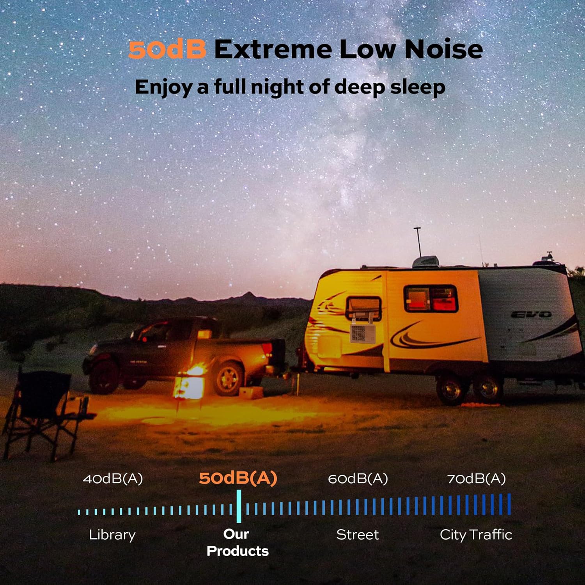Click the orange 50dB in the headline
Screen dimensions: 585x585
pyautogui.click(x=167, y=50)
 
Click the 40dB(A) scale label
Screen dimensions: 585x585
pyautogui.click(x=113, y=479)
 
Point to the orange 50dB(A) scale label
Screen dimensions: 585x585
pyautogui.click(x=238, y=478)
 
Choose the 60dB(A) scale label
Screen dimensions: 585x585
pyautogui.click(x=358, y=479)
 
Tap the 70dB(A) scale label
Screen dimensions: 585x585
pyautogui.click(x=476, y=479)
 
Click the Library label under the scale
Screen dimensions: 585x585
pyautogui.click(x=112, y=535)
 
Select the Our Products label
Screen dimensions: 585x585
pyautogui.click(x=238, y=542)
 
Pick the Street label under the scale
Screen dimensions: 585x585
pyautogui.click(x=357, y=535)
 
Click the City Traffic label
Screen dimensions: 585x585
pyautogui.click(x=476, y=535)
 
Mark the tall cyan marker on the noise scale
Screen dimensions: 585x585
pyautogui.click(x=239, y=506)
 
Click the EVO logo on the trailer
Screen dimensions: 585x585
pyautogui.click(x=531, y=314)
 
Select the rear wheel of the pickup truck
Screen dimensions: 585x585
pyautogui.click(x=229, y=379)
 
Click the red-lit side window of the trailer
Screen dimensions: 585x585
pyautogui.click(x=431, y=299)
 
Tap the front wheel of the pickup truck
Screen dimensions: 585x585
pyautogui.click(x=103, y=376)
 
